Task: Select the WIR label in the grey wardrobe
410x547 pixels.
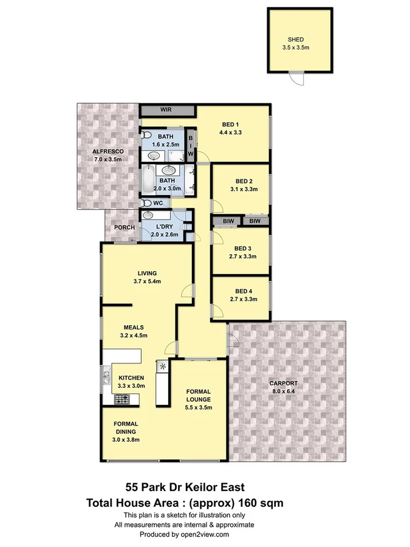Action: (x=167, y=110)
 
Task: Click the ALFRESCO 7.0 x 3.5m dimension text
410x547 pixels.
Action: (x=108, y=160)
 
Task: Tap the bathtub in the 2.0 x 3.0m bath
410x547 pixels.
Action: (x=148, y=179)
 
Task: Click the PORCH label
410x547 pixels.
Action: (x=124, y=228)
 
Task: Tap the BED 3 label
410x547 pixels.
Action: (x=242, y=248)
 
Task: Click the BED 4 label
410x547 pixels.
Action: (x=242, y=291)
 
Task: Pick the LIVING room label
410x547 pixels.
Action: (x=148, y=273)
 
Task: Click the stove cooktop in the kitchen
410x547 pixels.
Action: (x=122, y=399)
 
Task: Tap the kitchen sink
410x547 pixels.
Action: (x=106, y=377)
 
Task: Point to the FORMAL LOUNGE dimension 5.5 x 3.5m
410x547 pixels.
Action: (x=199, y=408)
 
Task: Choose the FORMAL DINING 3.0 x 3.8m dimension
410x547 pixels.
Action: (x=126, y=439)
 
